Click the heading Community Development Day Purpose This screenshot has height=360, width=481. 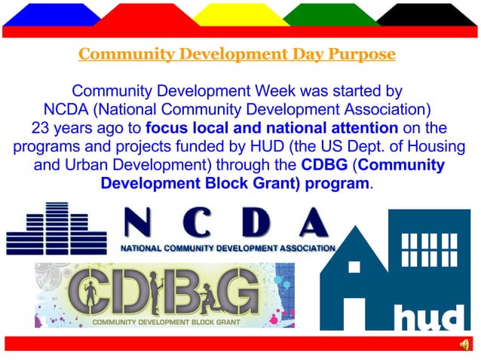[x=237, y=54]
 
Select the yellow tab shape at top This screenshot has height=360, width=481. [x=240, y=14]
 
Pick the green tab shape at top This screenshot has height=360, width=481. [x=332, y=14]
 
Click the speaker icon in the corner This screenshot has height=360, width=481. [x=464, y=344]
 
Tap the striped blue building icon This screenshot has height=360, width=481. [x=57, y=229]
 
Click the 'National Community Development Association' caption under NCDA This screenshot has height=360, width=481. [x=228, y=248]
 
